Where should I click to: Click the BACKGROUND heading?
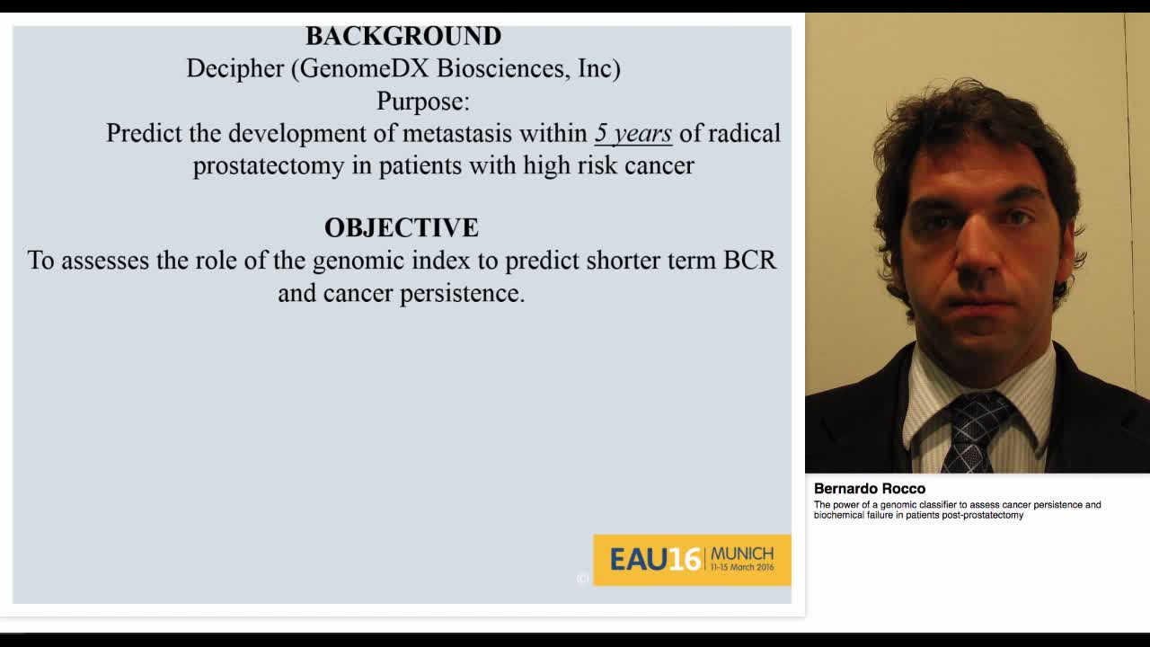click(403, 36)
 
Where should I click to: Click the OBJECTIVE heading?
click(402, 227)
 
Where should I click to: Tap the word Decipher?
click(235, 68)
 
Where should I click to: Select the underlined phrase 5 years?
click(632, 134)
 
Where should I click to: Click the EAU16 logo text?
click(655, 560)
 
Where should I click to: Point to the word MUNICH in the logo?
click(742, 553)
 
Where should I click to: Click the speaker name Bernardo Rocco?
click(869, 489)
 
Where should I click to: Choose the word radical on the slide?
click(745, 133)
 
